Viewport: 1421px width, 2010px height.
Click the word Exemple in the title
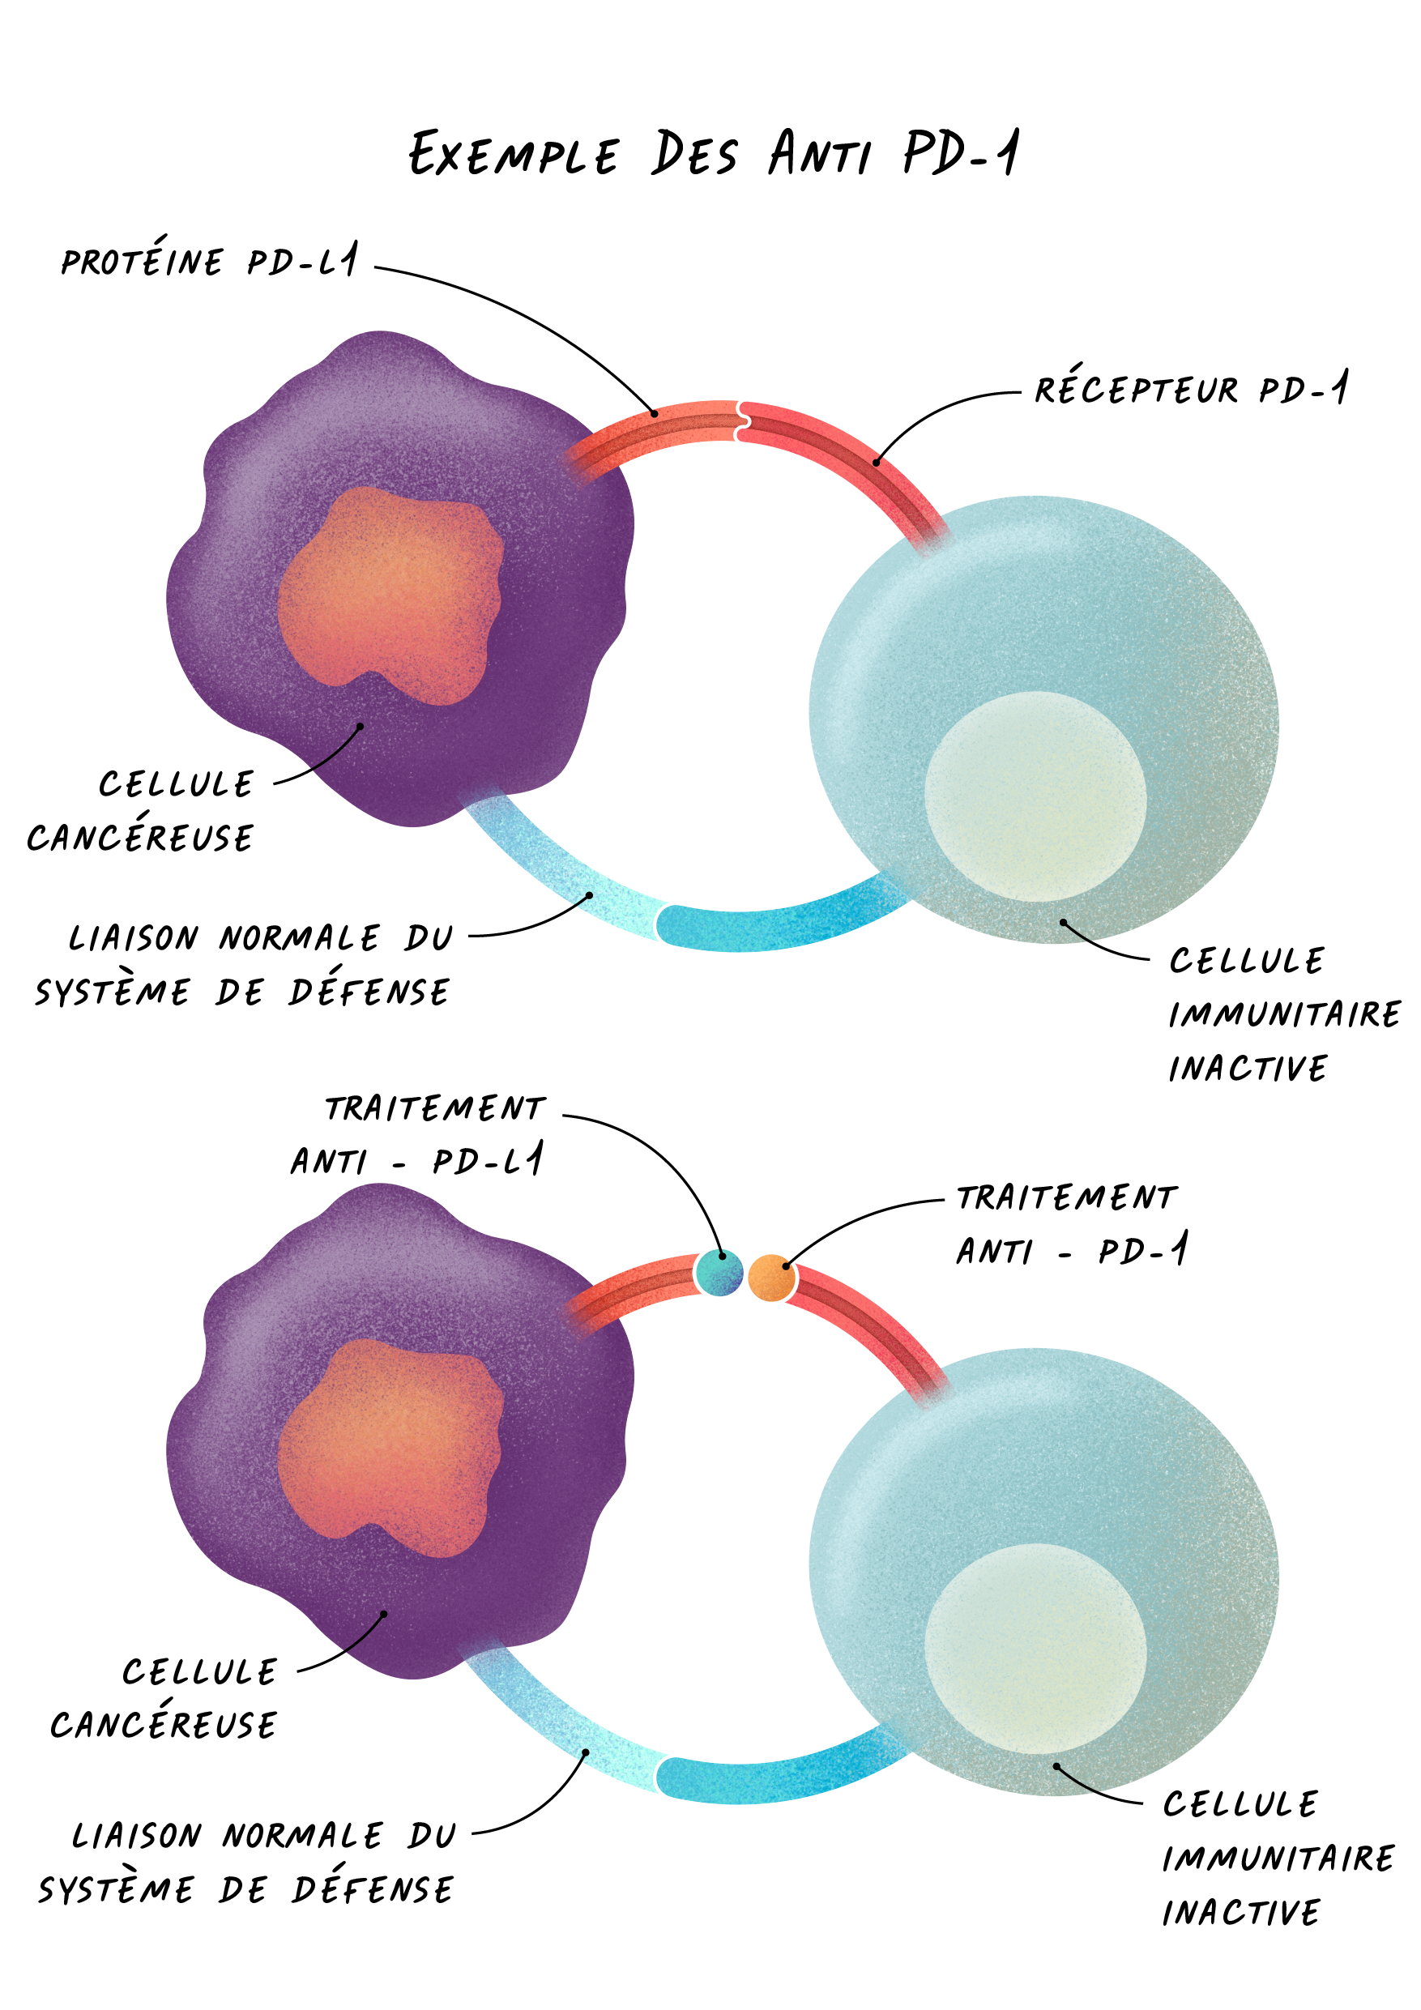tap(514, 155)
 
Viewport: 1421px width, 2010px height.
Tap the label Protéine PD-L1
tap(209, 260)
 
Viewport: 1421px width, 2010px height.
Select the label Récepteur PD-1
tap(1191, 389)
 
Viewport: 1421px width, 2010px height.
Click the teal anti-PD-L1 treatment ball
tap(719, 1273)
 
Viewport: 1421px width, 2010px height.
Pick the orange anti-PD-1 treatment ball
tap(771, 1278)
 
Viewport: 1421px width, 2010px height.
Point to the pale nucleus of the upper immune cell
tap(1035, 796)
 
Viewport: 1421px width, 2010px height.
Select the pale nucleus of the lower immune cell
tap(1035, 1649)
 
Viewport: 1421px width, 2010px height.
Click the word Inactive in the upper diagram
tap(1248, 1068)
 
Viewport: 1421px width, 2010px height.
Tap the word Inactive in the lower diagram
tap(1240, 1913)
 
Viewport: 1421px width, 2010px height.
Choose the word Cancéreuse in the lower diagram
tap(164, 1724)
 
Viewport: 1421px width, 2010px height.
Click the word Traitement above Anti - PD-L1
tap(435, 1108)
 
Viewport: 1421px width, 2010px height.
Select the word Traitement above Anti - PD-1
tap(1066, 1197)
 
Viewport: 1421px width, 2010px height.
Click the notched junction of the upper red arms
tap(740, 420)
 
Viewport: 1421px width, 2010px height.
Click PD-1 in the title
tap(962, 153)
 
